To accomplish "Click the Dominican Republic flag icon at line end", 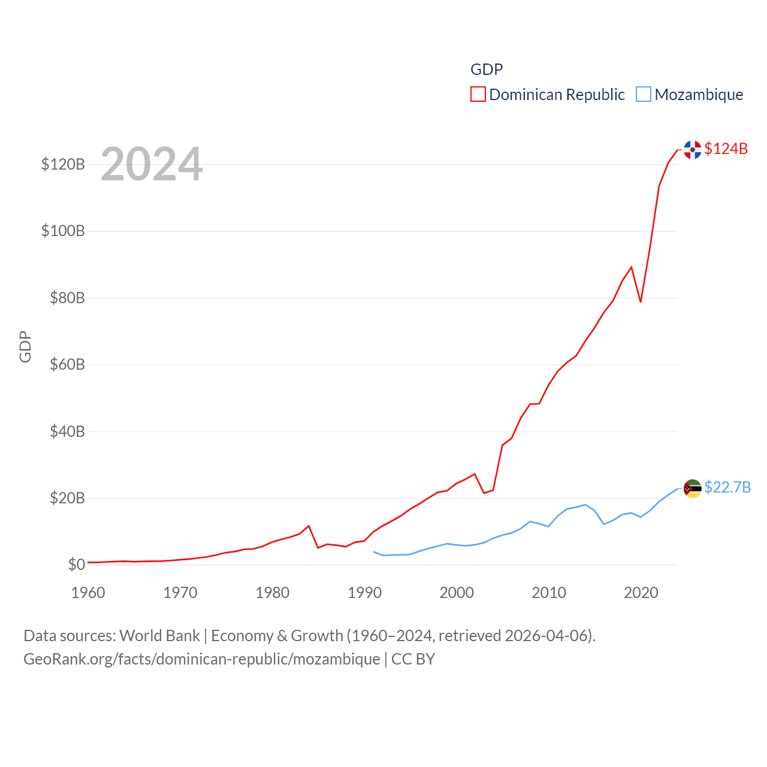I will (x=693, y=150).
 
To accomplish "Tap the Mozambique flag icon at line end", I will (x=693, y=489).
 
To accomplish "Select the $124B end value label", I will (x=726, y=149).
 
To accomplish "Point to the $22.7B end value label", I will (x=727, y=487).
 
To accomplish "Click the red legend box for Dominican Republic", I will (x=478, y=95).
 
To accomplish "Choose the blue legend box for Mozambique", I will (x=644, y=95).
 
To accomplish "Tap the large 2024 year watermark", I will (x=152, y=164).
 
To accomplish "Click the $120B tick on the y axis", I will (x=63, y=164).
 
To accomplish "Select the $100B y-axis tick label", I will (x=63, y=231).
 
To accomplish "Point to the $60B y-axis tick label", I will (x=67, y=364).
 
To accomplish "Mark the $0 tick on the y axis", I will (x=76, y=564).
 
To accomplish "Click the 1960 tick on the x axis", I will (x=88, y=593).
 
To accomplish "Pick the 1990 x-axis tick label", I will (x=364, y=593).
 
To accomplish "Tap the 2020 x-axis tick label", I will (x=641, y=593).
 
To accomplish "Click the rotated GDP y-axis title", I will (x=25, y=346).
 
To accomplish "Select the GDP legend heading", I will (x=487, y=70).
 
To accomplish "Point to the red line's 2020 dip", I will (x=641, y=301).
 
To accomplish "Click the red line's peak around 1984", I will (x=309, y=526).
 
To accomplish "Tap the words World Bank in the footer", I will (x=160, y=636).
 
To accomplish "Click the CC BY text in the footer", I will (x=413, y=659).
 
